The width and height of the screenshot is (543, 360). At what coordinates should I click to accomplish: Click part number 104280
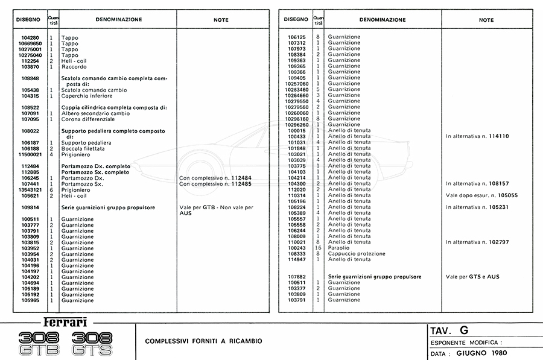pyautogui.click(x=30, y=38)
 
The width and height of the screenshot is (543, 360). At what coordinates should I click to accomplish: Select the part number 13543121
pyautogui.click(x=28, y=189)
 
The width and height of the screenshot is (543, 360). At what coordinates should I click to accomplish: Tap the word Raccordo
pyautogui.click(x=73, y=67)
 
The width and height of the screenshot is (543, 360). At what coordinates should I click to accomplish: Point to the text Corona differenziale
pyautogui.click(x=87, y=119)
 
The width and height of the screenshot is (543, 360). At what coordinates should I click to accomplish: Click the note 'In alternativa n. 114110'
pyautogui.click(x=477, y=136)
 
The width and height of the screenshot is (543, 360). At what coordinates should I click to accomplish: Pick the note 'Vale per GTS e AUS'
pyautogui.click(x=472, y=277)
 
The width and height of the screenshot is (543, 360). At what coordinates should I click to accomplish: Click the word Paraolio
pyautogui.click(x=339, y=248)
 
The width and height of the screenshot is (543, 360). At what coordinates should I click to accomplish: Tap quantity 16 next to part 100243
pyautogui.click(x=317, y=248)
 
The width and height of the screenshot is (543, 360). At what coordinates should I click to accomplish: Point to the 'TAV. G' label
pyautogui.click(x=449, y=330)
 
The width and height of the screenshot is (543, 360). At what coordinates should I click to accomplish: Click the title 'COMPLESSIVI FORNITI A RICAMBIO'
pyautogui.click(x=203, y=341)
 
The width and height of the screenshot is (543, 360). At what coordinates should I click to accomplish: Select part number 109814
pyautogui.click(x=30, y=207)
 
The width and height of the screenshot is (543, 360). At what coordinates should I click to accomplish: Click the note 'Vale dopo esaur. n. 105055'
pyautogui.click(x=481, y=195)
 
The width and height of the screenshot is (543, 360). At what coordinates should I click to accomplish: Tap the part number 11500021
pyautogui.click(x=28, y=154)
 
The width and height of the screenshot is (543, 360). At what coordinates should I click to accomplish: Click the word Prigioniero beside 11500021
pyautogui.click(x=77, y=154)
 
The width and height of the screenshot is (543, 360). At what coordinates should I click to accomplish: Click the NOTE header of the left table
pyautogui.click(x=221, y=19)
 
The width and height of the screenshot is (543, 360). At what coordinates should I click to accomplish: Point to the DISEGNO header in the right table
pyautogui.click(x=296, y=19)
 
